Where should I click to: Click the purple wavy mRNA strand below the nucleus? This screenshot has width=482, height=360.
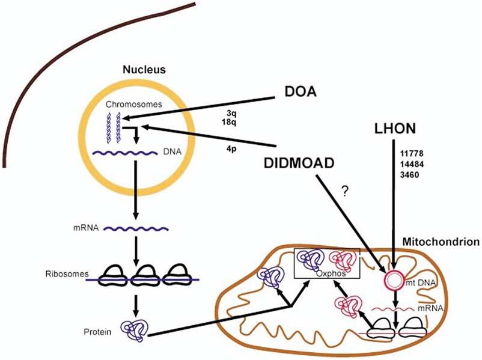tap(139, 229)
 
